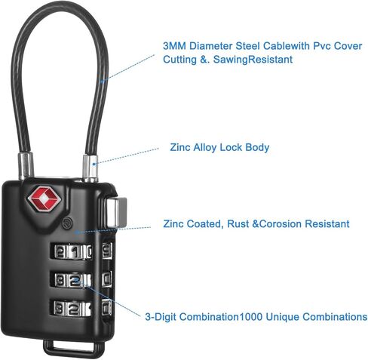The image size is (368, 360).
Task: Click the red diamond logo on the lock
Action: pos(44,199)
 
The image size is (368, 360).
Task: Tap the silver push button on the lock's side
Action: pos(117,212)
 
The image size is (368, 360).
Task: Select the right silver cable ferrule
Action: pos(90,168)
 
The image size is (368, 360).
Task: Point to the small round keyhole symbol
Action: pos(67,223)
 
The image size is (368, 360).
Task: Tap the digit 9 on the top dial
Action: pos(107,250)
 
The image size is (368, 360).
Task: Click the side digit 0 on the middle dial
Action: pos(107,278)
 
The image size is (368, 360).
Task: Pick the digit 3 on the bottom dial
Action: pos(60,308)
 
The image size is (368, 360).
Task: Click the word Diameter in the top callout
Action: pos(210,46)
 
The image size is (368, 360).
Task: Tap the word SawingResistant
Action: pos(253,60)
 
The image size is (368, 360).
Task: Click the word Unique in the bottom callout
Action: pos(282,317)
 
